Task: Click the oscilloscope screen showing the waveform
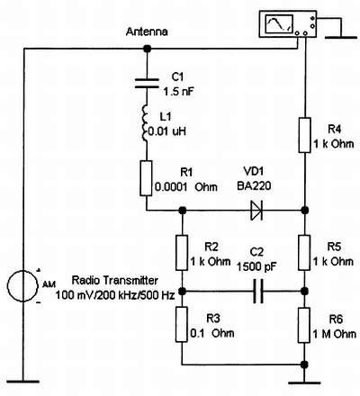pos(279,24)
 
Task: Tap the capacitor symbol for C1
pos(147,84)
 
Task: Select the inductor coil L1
pos(145,123)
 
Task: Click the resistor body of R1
pos(147,178)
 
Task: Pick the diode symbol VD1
pos(256,210)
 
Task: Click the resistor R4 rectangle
pos(304,135)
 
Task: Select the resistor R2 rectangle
pos(182,253)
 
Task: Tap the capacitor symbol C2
pos(258,291)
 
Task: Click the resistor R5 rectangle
pos(304,253)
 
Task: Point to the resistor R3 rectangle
pos(182,324)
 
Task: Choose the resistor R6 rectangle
pos(304,325)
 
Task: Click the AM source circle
pos(23,285)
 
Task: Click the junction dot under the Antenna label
pos(147,49)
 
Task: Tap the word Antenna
pos(147,31)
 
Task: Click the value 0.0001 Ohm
pos(186,187)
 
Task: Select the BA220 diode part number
pos(254,186)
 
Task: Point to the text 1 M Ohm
pos(335,334)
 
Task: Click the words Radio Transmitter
pos(115,281)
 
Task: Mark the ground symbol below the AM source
pos(23,382)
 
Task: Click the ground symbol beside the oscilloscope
pos(341,38)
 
